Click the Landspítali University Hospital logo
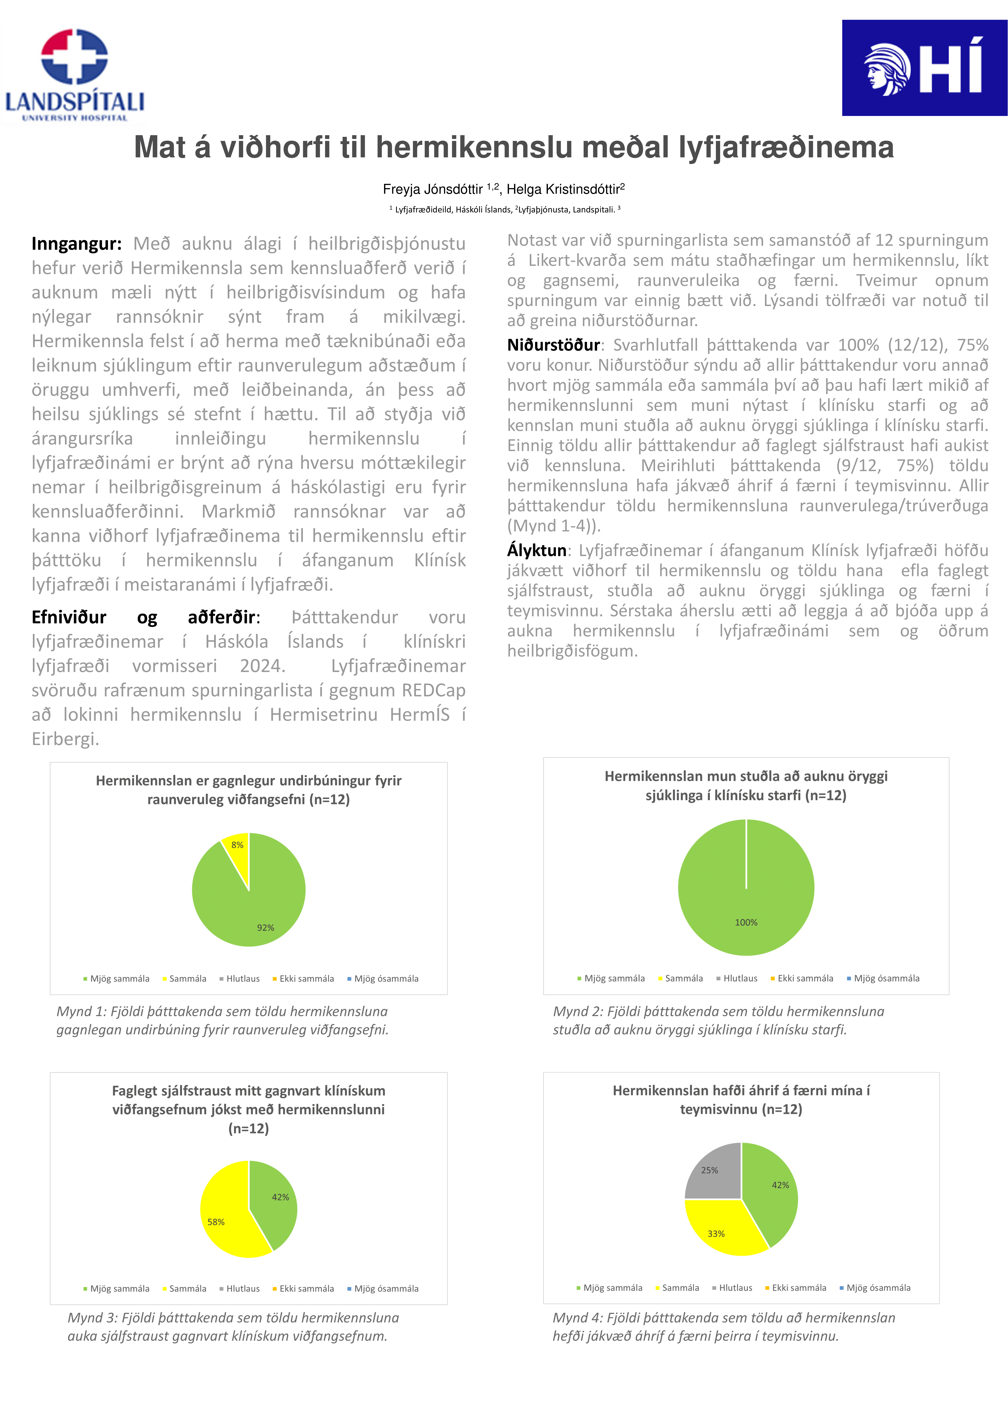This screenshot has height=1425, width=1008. (x=74, y=74)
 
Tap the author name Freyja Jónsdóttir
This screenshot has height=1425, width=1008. (x=433, y=189)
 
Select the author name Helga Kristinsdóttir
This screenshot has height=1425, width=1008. (x=563, y=189)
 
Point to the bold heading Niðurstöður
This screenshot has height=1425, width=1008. (x=553, y=345)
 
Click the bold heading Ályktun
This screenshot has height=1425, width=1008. (x=536, y=551)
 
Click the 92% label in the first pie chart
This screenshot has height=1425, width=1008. (x=266, y=927)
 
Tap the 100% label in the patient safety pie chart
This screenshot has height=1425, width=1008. (x=746, y=922)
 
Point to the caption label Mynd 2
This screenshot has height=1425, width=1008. (x=578, y=1011)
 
